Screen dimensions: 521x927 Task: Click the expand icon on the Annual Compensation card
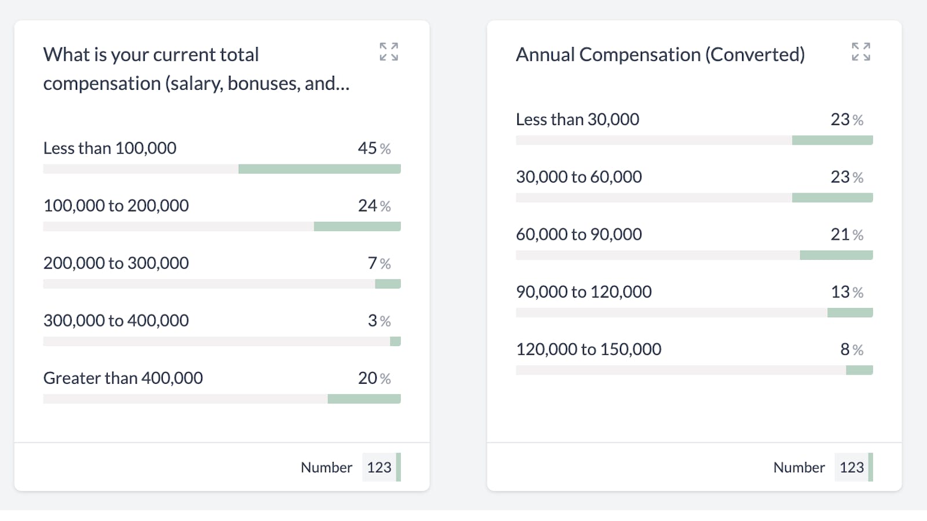coord(861,52)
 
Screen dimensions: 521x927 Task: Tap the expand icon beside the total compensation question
coord(389,52)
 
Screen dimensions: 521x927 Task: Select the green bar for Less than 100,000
coord(319,169)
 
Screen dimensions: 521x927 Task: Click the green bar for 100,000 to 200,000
coord(357,226)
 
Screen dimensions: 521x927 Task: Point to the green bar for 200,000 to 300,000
coord(388,284)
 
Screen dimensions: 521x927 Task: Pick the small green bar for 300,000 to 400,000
coord(395,342)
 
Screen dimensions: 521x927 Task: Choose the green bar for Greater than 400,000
coord(364,399)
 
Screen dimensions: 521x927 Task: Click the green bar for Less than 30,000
coord(832,140)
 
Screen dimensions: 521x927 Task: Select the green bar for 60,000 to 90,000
coord(836,255)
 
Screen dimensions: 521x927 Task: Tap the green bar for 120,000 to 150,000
coord(859,370)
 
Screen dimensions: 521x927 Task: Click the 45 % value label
coord(374,148)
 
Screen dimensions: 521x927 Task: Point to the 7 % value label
coord(379,263)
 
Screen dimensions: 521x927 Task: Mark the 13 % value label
coord(847,292)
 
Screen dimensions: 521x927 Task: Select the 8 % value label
coord(852,350)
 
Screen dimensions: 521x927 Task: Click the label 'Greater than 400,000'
coord(123,378)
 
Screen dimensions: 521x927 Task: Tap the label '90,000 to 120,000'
coord(583,292)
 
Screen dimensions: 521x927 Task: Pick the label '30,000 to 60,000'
coord(579,177)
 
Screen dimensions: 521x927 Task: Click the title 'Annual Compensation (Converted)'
coord(660,54)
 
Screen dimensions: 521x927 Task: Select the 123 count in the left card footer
coord(379,467)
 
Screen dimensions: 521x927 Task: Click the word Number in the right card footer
coord(798,467)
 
